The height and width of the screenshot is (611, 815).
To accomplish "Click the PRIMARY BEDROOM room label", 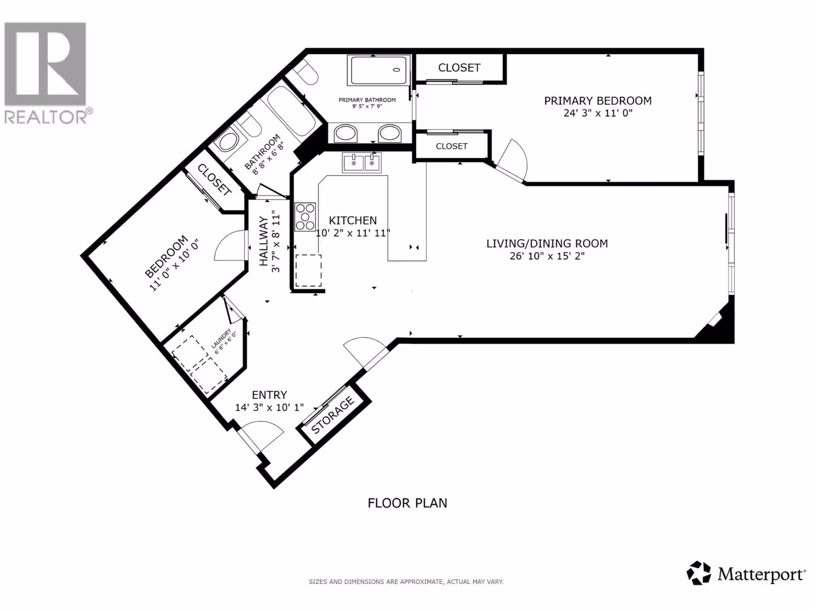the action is pos(598,101).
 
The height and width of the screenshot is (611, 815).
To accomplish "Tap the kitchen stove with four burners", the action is pos(305,217).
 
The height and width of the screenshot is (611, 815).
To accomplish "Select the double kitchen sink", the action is pos(362,163).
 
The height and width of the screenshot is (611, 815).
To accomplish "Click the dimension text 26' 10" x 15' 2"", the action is pos(547,256).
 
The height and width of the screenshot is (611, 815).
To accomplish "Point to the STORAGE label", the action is pos(333,415).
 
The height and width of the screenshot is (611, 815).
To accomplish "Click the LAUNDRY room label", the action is pos(221,338).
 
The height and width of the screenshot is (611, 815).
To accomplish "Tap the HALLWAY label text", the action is pos(263,241).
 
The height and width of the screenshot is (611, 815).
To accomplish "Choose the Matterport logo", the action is pos(746,574).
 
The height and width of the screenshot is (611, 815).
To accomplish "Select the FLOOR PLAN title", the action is pos(407,503).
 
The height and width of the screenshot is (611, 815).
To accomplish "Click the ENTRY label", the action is pos(269,395).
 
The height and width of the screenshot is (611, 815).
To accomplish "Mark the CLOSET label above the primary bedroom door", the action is pos(451,146).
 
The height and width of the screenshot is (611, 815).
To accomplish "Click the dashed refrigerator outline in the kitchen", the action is pos(308,270).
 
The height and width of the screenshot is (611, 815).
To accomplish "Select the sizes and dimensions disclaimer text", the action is pos(406,581).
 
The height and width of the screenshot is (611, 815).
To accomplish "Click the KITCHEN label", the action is pos(352,220).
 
